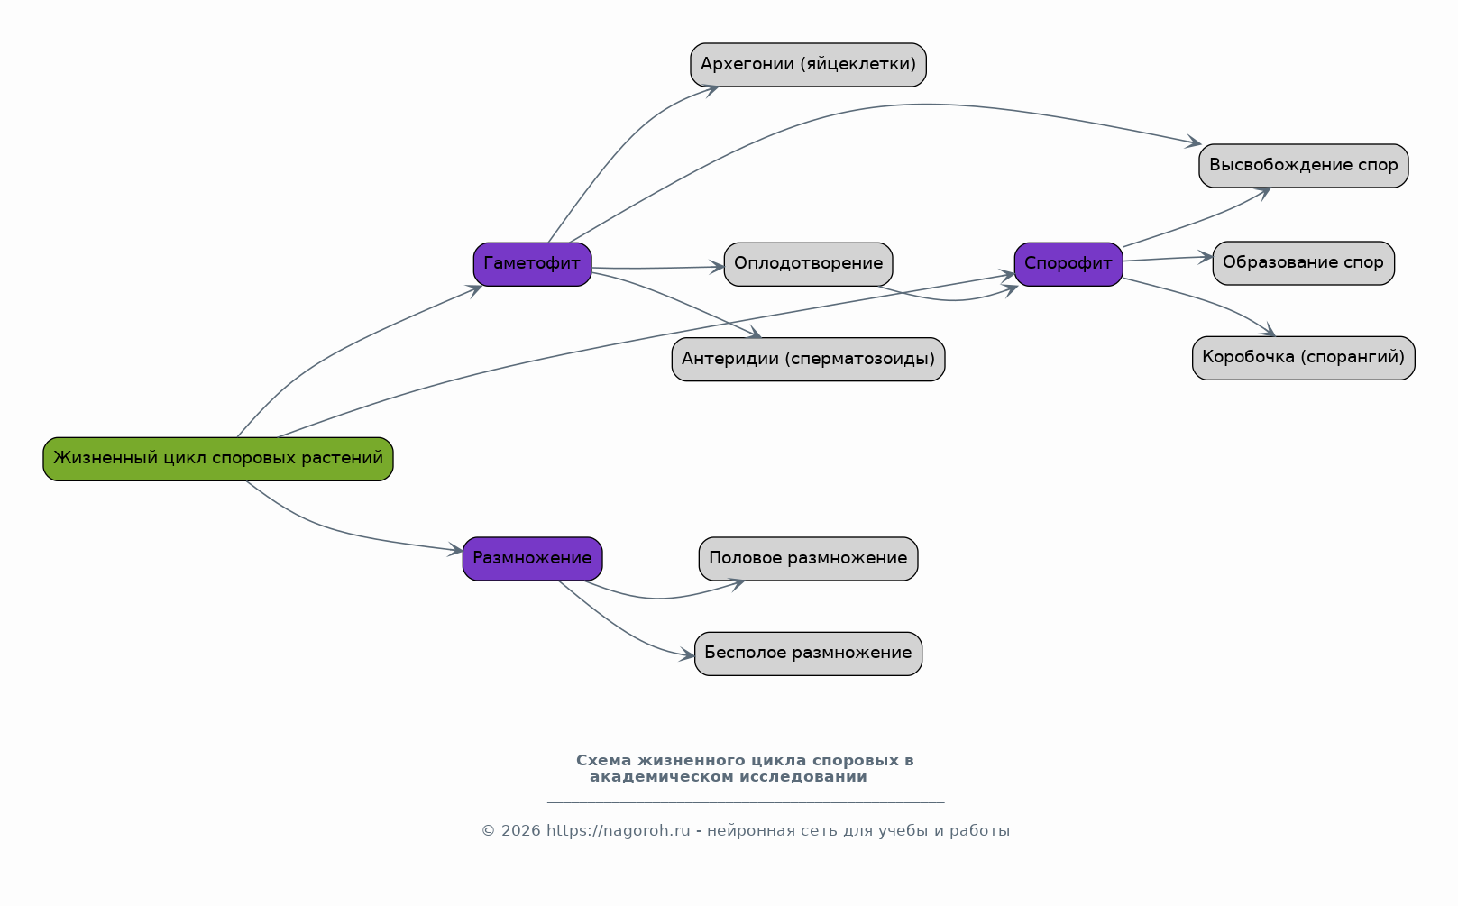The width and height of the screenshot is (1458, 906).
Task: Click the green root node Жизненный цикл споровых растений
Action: click(218, 459)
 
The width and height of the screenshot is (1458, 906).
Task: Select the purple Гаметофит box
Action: click(532, 264)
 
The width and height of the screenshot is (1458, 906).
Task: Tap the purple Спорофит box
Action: click(1068, 264)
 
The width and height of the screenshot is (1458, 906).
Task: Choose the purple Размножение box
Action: click(532, 558)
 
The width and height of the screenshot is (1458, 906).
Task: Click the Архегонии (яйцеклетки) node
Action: click(809, 65)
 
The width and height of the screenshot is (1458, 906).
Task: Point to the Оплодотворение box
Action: click(809, 264)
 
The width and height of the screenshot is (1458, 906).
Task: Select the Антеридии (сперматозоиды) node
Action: click(809, 360)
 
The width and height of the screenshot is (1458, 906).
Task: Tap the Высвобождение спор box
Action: click(1304, 166)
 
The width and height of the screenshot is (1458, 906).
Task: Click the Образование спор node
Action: click(1304, 263)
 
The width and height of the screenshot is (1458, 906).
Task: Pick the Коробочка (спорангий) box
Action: click(1304, 358)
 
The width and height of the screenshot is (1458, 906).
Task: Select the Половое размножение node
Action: click(809, 558)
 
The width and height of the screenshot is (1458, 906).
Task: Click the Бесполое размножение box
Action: click(809, 654)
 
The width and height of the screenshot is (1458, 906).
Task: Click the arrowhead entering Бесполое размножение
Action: click(687, 655)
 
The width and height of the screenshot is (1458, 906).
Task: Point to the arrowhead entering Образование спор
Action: click(1206, 257)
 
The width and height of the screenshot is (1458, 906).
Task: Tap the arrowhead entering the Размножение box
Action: click(455, 550)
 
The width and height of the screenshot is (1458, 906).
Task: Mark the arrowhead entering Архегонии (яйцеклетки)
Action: click(711, 90)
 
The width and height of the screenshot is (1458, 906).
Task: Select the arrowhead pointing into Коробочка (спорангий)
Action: click(1268, 331)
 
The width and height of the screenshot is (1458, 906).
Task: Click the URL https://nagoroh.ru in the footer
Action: click(618, 830)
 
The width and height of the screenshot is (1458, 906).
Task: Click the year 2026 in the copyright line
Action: click(521, 830)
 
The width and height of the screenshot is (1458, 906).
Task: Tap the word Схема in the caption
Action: click(603, 760)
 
